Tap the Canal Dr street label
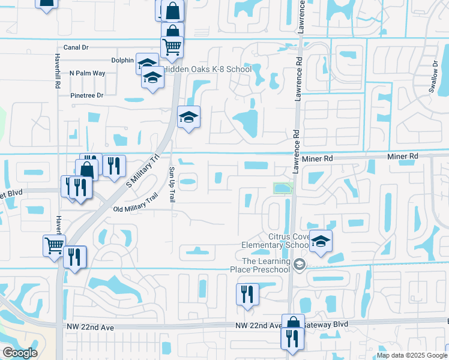coord(76,47)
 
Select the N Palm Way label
coord(88,73)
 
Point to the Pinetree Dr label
coord(87,95)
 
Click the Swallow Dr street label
coord(434,76)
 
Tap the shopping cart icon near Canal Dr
coord(172,46)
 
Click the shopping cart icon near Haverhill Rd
coord(54,245)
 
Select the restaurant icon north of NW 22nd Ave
coord(247,294)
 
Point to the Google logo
coord(19,353)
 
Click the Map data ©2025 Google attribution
coord(412,355)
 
